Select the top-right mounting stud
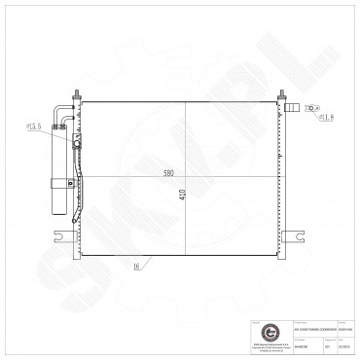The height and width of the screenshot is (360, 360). click(283, 96)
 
